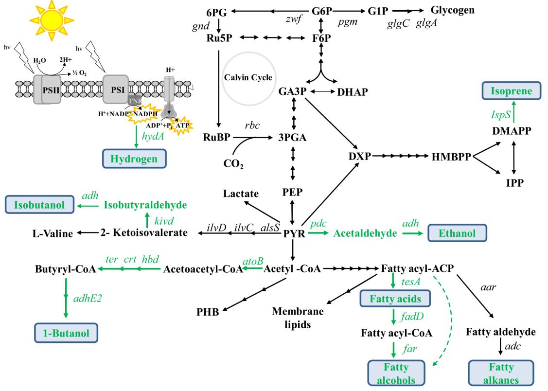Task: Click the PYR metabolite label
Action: tap(294, 234)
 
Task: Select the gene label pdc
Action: tap(318, 223)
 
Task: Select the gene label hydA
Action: tap(152, 138)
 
